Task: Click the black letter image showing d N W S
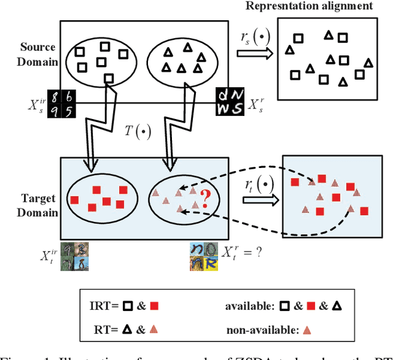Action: click(231, 102)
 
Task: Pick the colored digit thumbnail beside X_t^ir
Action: click(76, 256)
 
